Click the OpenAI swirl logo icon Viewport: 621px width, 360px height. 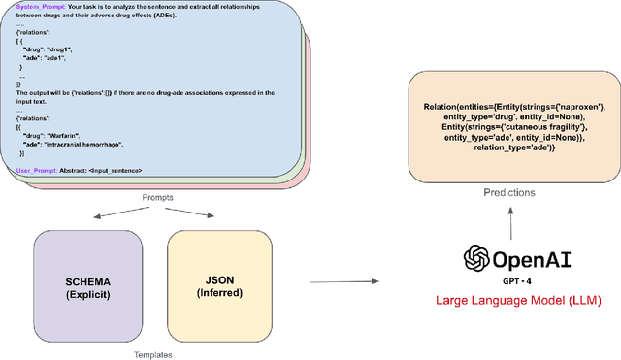pyautogui.click(x=476, y=257)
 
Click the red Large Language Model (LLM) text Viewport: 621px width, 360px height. pyautogui.click(x=520, y=302)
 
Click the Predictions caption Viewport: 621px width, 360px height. pyautogui.click(x=510, y=192)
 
